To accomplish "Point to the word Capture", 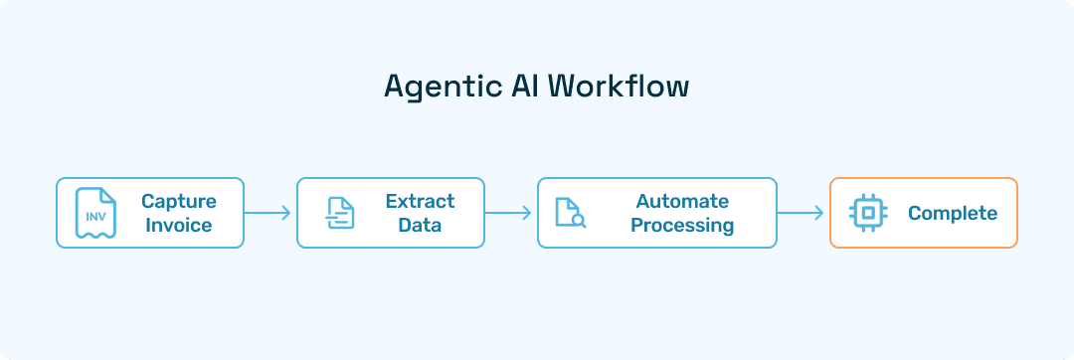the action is point(179,201).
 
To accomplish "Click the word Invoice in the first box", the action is point(179,225).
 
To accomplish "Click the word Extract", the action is point(420,201).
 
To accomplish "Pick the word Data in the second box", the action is point(420,225).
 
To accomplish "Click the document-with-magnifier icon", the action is point(570,213).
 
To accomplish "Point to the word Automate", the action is point(682,201).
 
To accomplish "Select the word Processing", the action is point(682,225).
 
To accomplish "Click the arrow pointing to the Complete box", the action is point(801,213).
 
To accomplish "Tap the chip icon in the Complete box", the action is point(867,213).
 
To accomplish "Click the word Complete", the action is point(952,213).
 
